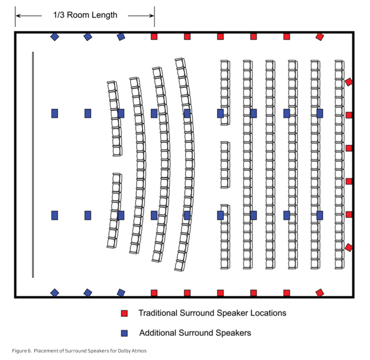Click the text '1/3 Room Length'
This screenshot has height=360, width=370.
[85, 15]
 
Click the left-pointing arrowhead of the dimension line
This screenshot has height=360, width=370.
[18, 16]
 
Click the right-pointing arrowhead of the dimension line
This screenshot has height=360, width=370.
[151, 16]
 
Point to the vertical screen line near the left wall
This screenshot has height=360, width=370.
[33, 165]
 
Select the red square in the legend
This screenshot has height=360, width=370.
[124, 313]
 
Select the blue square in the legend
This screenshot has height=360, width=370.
[124, 333]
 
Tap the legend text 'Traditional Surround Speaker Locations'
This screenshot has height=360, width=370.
[212, 313]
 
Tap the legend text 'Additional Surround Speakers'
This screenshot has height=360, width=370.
[195, 333]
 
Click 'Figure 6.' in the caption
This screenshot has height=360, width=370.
[22, 351]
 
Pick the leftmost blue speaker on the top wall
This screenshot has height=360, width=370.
[55, 37]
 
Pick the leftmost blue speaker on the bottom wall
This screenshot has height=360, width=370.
[55, 293]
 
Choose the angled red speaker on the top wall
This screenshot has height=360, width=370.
[320, 37]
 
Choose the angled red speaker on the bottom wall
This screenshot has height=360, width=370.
[320, 293]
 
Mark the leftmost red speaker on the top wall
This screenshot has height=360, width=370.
[154, 37]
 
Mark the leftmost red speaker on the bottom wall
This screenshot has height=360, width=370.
[154, 293]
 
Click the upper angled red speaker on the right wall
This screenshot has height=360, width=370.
[349, 82]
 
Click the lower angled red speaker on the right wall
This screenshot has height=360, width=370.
[349, 248]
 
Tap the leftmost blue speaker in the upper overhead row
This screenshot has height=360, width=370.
[55, 113]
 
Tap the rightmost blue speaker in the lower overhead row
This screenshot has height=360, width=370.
[320, 215]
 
